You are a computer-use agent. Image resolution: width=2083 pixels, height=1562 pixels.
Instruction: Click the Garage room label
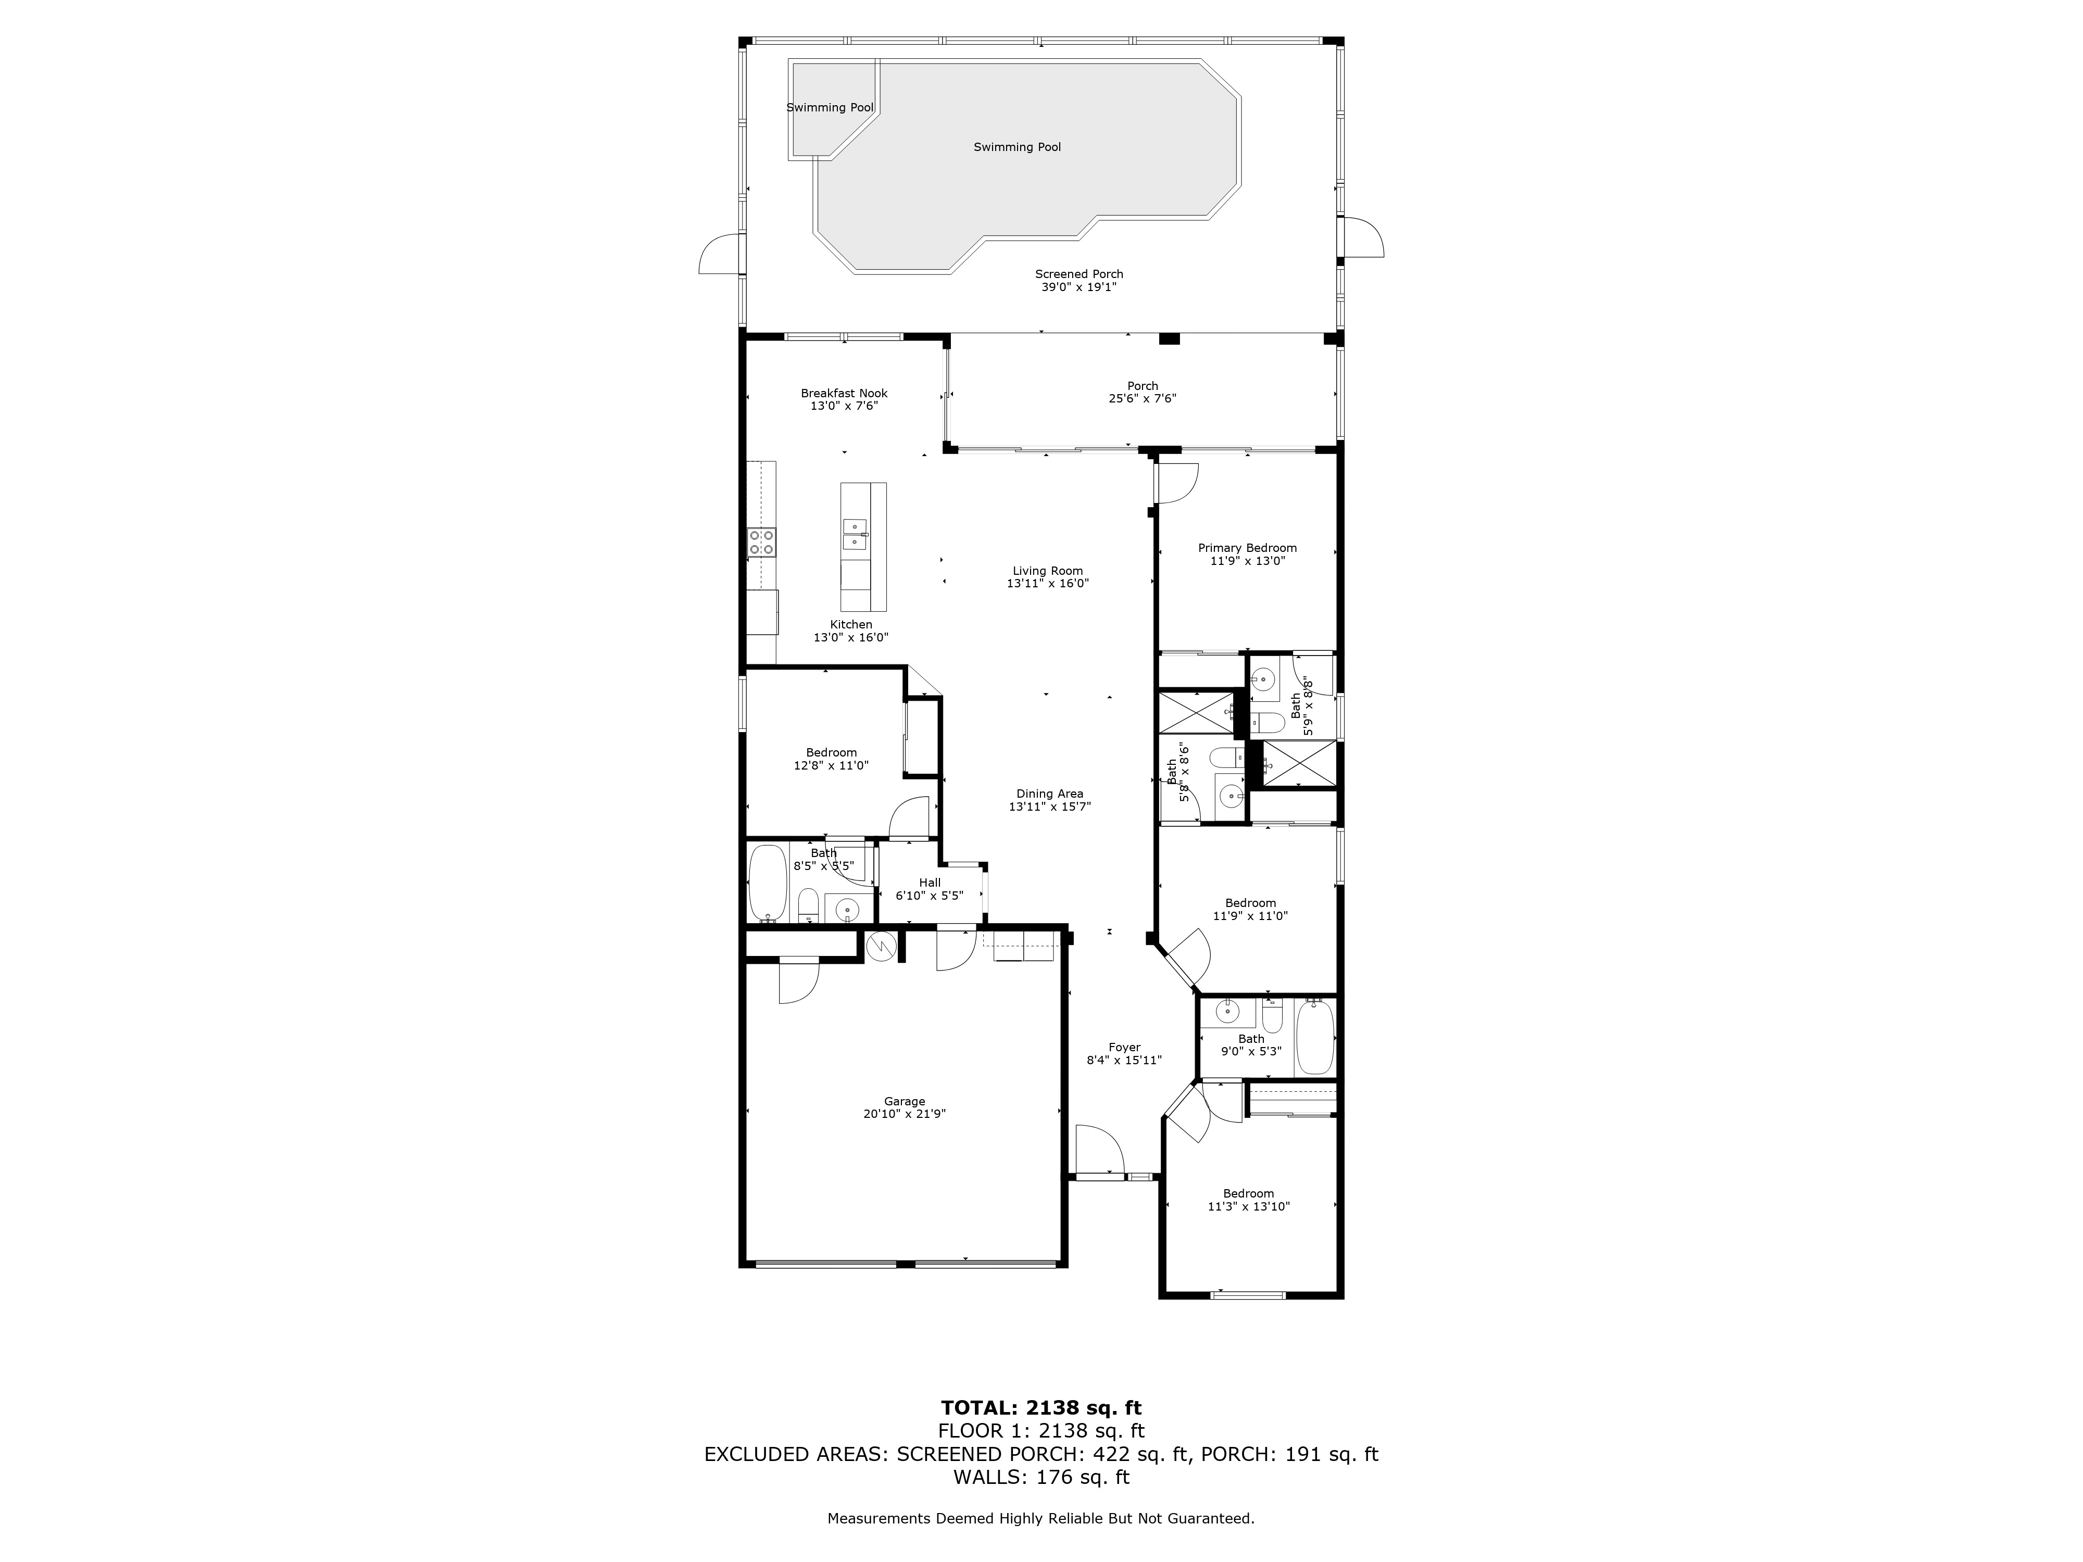pos(904,1101)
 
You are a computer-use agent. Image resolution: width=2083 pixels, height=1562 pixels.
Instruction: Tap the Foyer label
pos(1124,1047)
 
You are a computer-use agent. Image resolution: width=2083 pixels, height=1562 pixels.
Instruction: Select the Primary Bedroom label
pos(1247,548)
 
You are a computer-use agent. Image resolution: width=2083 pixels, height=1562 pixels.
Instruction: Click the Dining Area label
pos(1049,793)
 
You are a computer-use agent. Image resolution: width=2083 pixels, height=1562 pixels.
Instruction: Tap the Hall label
pos(930,882)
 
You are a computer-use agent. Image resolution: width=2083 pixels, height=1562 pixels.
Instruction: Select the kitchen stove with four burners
pos(762,541)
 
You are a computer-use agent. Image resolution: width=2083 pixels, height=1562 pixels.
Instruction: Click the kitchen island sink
pos(196,534)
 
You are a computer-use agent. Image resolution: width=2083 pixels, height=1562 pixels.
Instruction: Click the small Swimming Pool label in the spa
pos(831,107)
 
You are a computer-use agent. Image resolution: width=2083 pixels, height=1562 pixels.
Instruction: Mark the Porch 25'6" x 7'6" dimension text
pos(1142,398)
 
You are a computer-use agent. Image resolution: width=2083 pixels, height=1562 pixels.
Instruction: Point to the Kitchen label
pos(850,624)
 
